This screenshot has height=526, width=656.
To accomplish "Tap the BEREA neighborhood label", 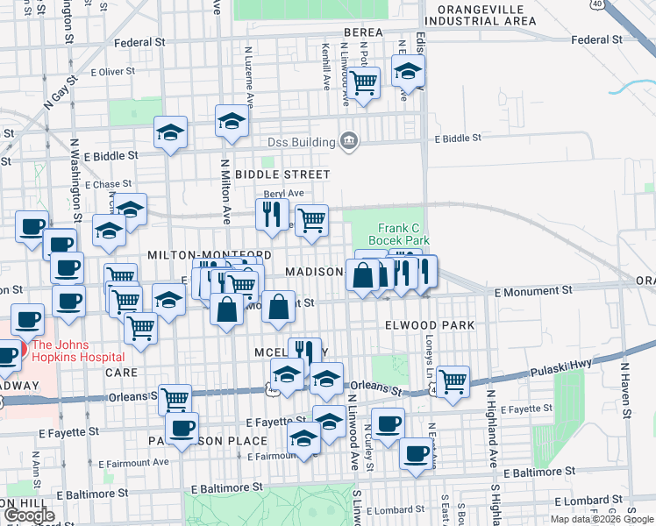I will (x=363, y=32).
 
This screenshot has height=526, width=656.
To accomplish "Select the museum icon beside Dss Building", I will (x=349, y=141).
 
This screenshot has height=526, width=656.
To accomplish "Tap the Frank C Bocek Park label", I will (x=403, y=232).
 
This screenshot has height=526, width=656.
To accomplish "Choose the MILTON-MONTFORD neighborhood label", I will (x=203, y=254).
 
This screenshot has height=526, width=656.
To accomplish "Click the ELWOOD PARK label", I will (x=430, y=325).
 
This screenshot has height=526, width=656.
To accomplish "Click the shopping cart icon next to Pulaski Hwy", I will (x=453, y=380).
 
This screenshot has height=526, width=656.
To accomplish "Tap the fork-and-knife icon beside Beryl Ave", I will (x=272, y=212).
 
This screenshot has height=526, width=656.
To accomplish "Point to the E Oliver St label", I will (x=110, y=72).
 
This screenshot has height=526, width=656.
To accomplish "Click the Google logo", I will (x=29, y=515).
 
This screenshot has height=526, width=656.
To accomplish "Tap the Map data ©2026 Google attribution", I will (x=601, y=519).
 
